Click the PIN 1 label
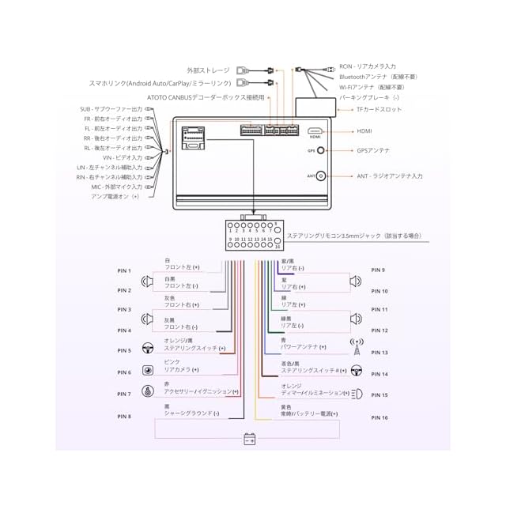tap(124, 271)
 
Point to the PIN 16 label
tap(379, 417)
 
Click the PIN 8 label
tap(124, 417)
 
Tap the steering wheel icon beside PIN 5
tap(147, 349)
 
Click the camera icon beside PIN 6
tap(147, 371)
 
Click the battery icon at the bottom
tap(250, 439)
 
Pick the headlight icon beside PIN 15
tap(357, 393)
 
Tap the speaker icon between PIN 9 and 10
tap(357, 281)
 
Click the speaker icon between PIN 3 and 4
tap(147, 319)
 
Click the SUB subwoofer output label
tap(111, 109)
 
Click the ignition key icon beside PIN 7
tap(147, 391)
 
